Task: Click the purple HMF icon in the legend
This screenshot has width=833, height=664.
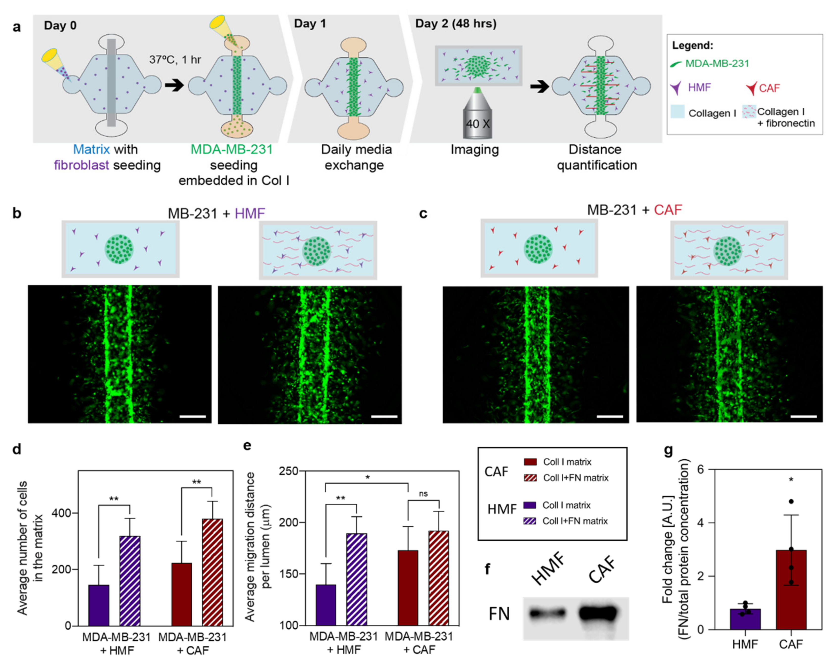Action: click(676, 88)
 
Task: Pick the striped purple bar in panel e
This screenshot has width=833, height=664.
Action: click(357, 579)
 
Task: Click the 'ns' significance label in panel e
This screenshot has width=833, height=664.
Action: click(423, 494)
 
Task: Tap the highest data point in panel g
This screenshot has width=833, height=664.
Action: click(791, 501)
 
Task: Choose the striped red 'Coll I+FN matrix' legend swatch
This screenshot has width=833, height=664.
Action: click(530, 478)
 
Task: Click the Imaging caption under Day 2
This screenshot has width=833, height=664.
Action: click(474, 150)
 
